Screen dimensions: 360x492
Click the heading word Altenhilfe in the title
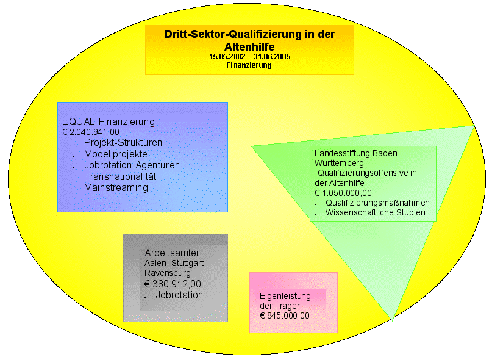point(249,46)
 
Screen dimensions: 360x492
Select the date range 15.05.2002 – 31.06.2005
point(249,57)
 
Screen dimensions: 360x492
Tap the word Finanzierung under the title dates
point(249,65)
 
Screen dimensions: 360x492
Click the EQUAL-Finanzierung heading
point(109,122)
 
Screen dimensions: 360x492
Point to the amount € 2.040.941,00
point(91,132)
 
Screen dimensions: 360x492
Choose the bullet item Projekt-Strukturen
point(123,143)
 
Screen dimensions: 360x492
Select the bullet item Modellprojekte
point(116,154)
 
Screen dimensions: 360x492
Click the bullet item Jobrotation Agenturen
point(132,165)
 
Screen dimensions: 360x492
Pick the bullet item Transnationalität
point(120,176)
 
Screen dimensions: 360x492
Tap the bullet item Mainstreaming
point(116,188)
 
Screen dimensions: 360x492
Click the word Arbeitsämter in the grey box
point(172,253)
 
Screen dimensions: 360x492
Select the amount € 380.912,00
point(173,284)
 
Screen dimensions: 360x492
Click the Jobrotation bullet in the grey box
point(179,295)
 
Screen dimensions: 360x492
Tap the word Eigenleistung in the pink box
point(285,297)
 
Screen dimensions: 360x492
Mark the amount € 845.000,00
point(285,315)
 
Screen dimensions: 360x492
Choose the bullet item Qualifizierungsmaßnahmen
point(377,203)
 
